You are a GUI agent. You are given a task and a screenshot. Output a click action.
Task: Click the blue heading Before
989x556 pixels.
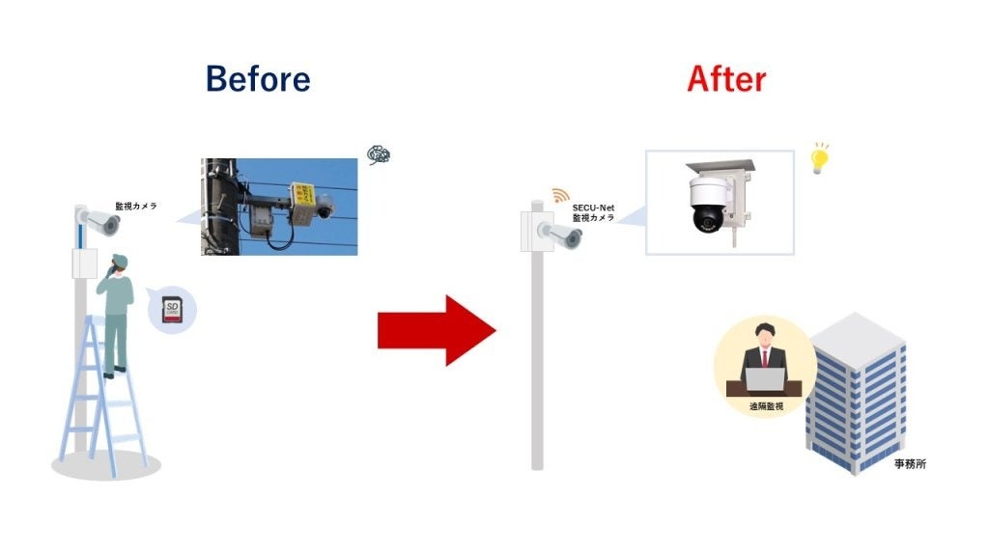[258, 78]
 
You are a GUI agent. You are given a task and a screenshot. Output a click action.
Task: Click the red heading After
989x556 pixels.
[726, 78]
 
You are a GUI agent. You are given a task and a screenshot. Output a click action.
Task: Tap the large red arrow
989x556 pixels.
[437, 330]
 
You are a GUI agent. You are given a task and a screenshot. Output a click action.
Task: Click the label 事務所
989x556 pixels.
[910, 464]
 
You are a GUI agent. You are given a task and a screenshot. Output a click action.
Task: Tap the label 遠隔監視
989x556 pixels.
[765, 407]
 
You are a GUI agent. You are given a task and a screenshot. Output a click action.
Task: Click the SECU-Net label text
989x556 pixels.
[594, 208]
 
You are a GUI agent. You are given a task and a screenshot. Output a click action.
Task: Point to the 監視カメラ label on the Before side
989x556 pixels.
[136, 206]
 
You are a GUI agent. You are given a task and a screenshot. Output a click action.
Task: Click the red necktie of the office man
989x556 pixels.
[764, 358]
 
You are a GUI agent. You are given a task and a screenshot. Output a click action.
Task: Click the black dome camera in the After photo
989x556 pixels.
[706, 206]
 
